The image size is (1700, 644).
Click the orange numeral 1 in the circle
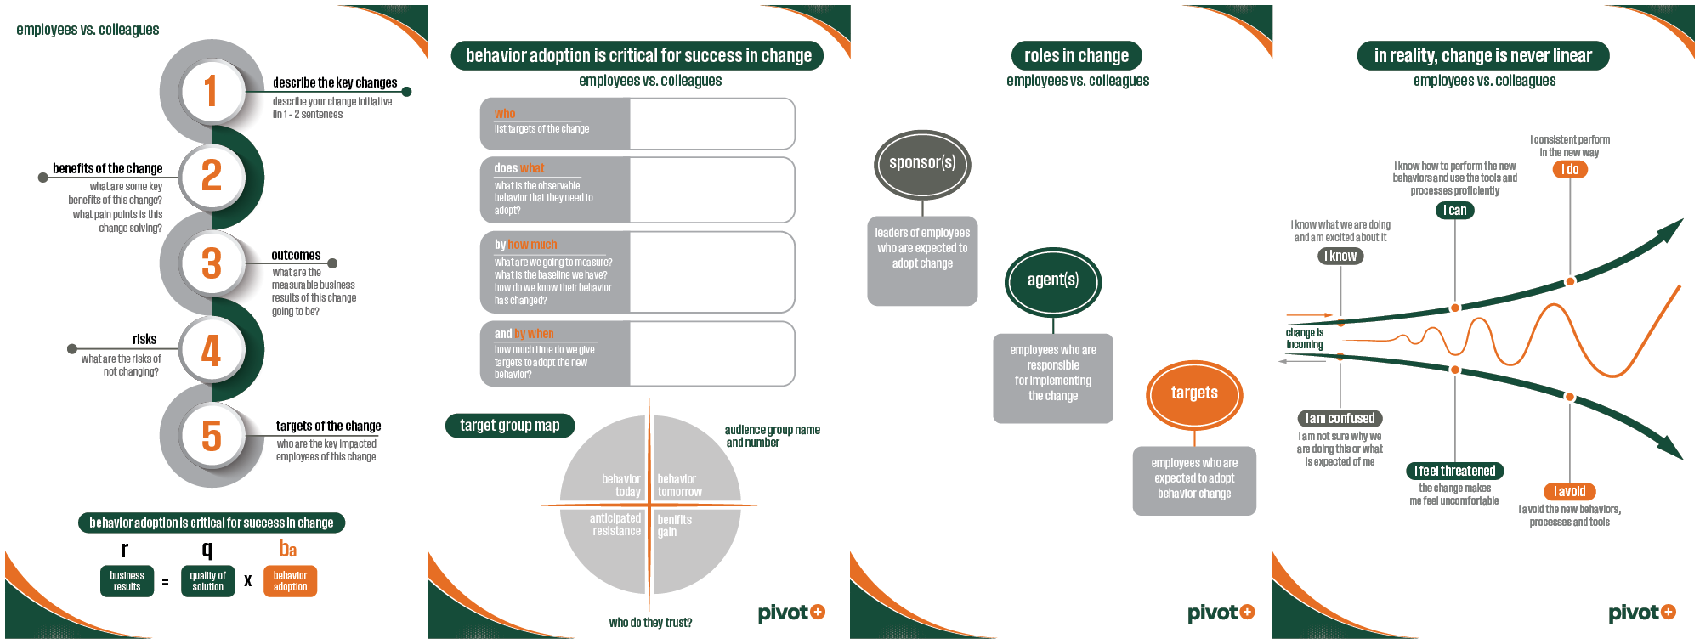pyautogui.click(x=211, y=91)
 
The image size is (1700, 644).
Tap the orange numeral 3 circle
pyautogui.click(x=212, y=263)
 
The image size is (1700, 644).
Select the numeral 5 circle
pyautogui.click(x=212, y=436)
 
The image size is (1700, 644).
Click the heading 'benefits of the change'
pyautogui.click(x=107, y=168)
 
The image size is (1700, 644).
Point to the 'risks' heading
pyautogui.click(x=144, y=339)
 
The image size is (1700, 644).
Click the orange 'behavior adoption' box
pyautogui.click(x=290, y=581)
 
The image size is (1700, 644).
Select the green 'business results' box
pyautogui.click(x=127, y=581)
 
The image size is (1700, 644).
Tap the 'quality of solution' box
pyautogui.click(x=207, y=581)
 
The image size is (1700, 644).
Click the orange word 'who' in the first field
pyautogui.click(x=505, y=114)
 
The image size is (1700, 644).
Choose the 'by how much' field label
pyautogui.click(x=525, y=244)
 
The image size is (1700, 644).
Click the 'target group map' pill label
pyautogui.click(x=510, y=426)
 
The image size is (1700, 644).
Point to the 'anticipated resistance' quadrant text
pyautogui.click(x=615, y=524)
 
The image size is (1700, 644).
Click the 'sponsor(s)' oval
pyautogui.click(x=922, y=163)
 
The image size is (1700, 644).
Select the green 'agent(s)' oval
pyautogui.click(x=1053, y=280)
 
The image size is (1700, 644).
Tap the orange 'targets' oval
pyautogui.click(x=1194, y=393)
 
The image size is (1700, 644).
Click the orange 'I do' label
pyautogui.click(x=1570, y=169)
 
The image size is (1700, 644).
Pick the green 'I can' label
pyautogui.click(x=1454, y=210)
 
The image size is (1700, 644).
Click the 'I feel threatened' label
pyautogui.click(x=1454, y=471)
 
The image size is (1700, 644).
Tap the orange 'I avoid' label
pyautogui.click(x=1569, y=491)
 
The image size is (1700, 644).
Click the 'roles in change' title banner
pyautogui.click(x=1076, y=56)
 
